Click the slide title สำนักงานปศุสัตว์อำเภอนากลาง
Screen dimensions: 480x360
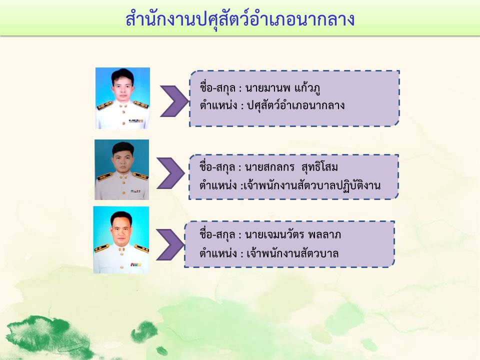(240, 19)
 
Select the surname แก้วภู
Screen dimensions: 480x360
(307, 89)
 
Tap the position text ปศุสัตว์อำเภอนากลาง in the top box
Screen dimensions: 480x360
(295, 105)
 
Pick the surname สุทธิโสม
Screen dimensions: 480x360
(319, 167)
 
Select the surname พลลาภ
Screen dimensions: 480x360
(324, 235)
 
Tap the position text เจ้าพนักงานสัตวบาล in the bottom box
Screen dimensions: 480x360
(292, 253)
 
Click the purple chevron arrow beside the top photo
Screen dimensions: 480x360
(174, 101)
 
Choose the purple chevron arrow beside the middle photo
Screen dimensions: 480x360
(170, 173)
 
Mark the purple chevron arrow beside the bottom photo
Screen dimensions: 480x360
(170, 244)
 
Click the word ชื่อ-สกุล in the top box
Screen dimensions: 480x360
(217, 88)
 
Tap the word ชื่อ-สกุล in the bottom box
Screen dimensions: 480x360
(217, 234)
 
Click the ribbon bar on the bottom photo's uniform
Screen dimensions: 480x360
(135, 264)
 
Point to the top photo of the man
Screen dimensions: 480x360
(123, 98)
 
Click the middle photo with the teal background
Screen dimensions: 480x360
(122, 169)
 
